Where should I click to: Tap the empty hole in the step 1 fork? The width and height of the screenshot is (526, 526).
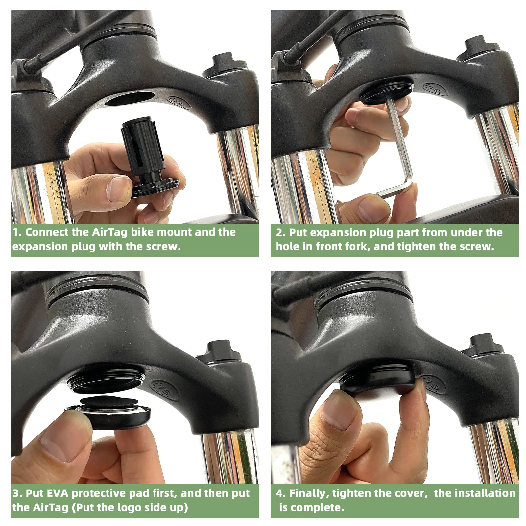click(x=130, y=98)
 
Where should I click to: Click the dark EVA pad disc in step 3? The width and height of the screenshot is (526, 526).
click(x=109, y=402)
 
